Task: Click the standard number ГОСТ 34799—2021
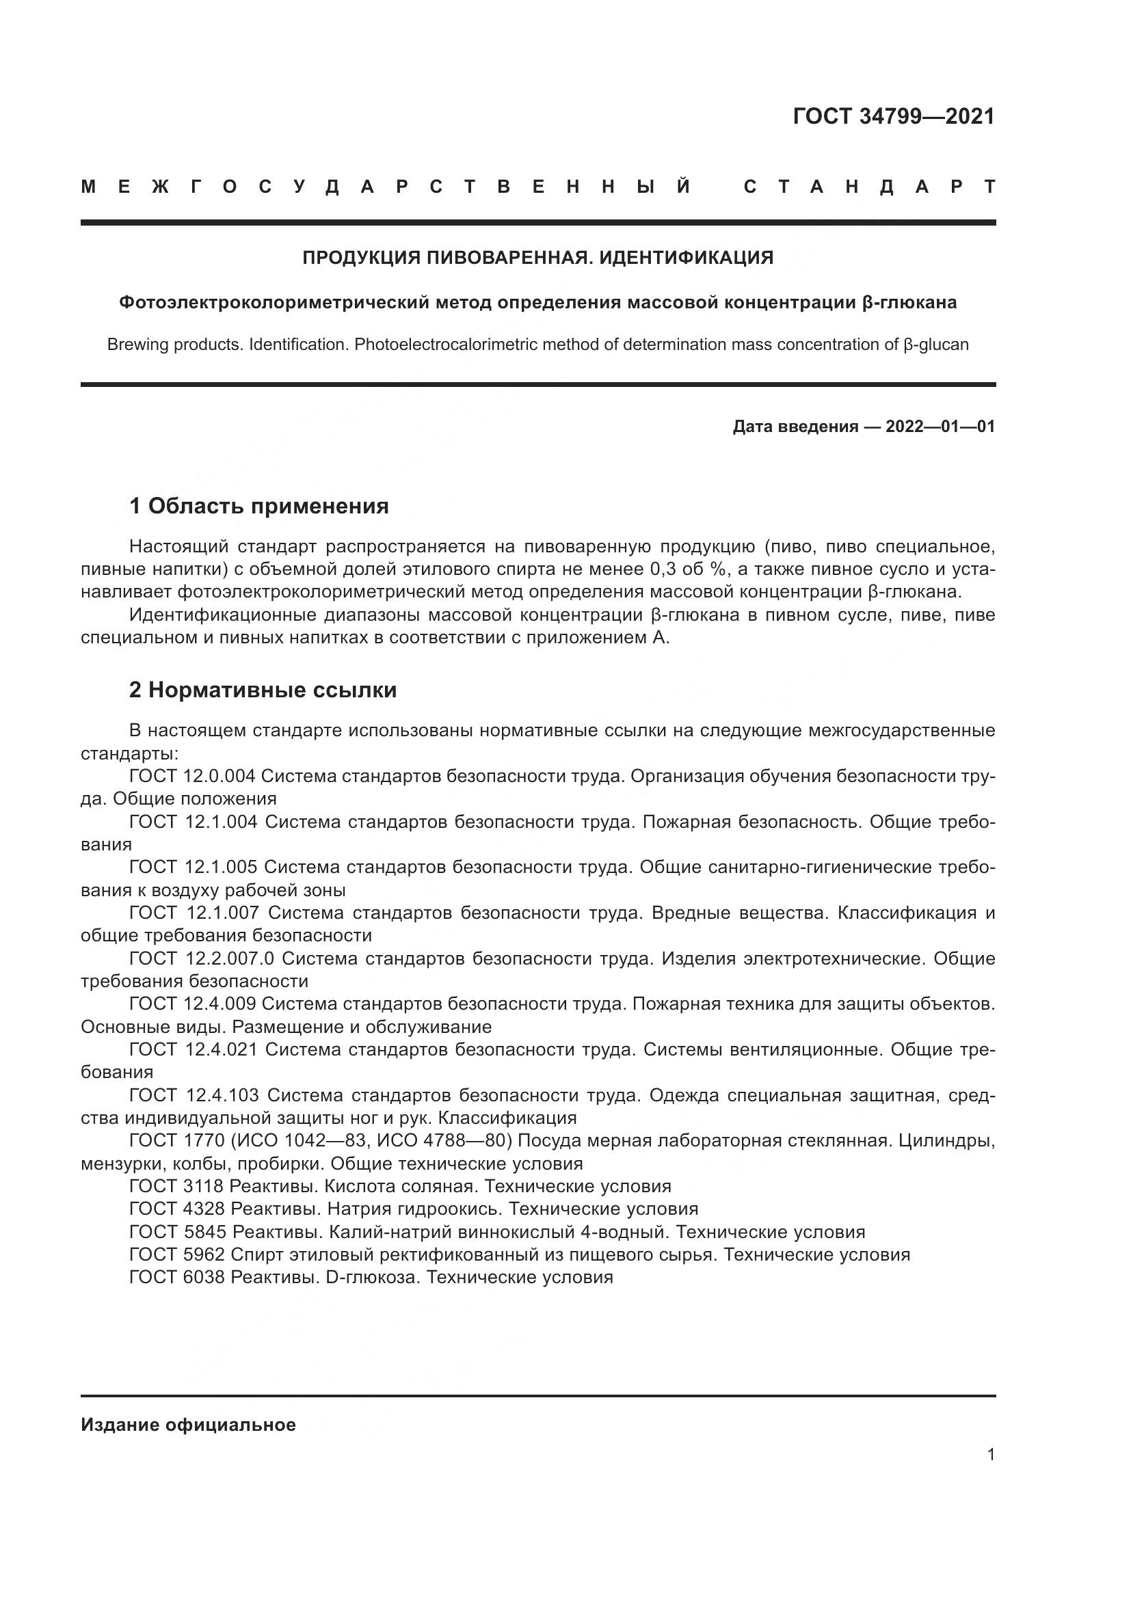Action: pyautogui.click(x=894, y=116)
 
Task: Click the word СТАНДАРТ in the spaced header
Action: pyautogui.click(x=869, y=187)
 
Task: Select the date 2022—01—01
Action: pyautogui.click(x=940, y=426)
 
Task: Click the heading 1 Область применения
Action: pyautogui.click(x=259, y=506)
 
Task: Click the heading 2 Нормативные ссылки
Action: pyautogui.click(x=263, y=690)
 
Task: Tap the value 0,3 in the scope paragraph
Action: pyautogui.click(x=663, y=569)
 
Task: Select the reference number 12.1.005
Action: pyautogui.click(x=221, y=867)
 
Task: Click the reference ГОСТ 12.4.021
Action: pyautogui.click(x=193, y=1049)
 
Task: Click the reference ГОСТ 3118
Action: pyautogui.click(x=176, y=1186)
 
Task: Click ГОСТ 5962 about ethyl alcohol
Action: pyautogui.click(x=176, y=1254)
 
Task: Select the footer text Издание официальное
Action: pyautogui.click(x=188, y=1425)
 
